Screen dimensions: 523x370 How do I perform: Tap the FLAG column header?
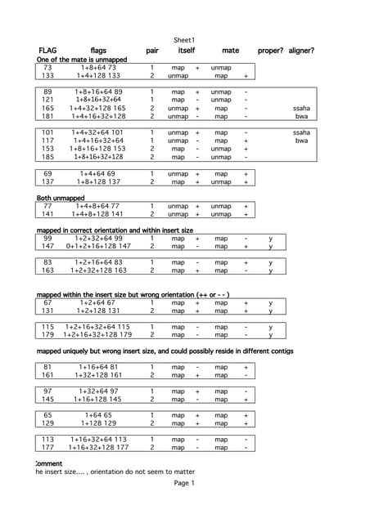tap(47, 51)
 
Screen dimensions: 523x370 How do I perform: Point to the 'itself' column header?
tap(187, 51)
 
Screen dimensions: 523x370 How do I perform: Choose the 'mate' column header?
tap(231, 51)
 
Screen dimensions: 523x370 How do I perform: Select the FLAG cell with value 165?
tap(47, 108)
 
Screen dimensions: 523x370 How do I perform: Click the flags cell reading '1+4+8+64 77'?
tap(99, 207)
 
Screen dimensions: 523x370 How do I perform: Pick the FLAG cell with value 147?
tap(47, 246)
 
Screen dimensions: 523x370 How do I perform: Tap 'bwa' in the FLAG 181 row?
tap(301, 116)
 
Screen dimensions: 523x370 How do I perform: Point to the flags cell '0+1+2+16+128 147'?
tap(98, 246)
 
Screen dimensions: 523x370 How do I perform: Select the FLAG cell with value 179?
tap(47, 334)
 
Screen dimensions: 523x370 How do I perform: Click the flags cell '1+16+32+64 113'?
tap(98, 439)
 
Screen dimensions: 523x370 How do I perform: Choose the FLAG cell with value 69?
tap(47, 174)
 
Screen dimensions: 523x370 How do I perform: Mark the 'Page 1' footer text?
tap(184, 483)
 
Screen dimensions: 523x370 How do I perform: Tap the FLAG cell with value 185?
tap(47, 156)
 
